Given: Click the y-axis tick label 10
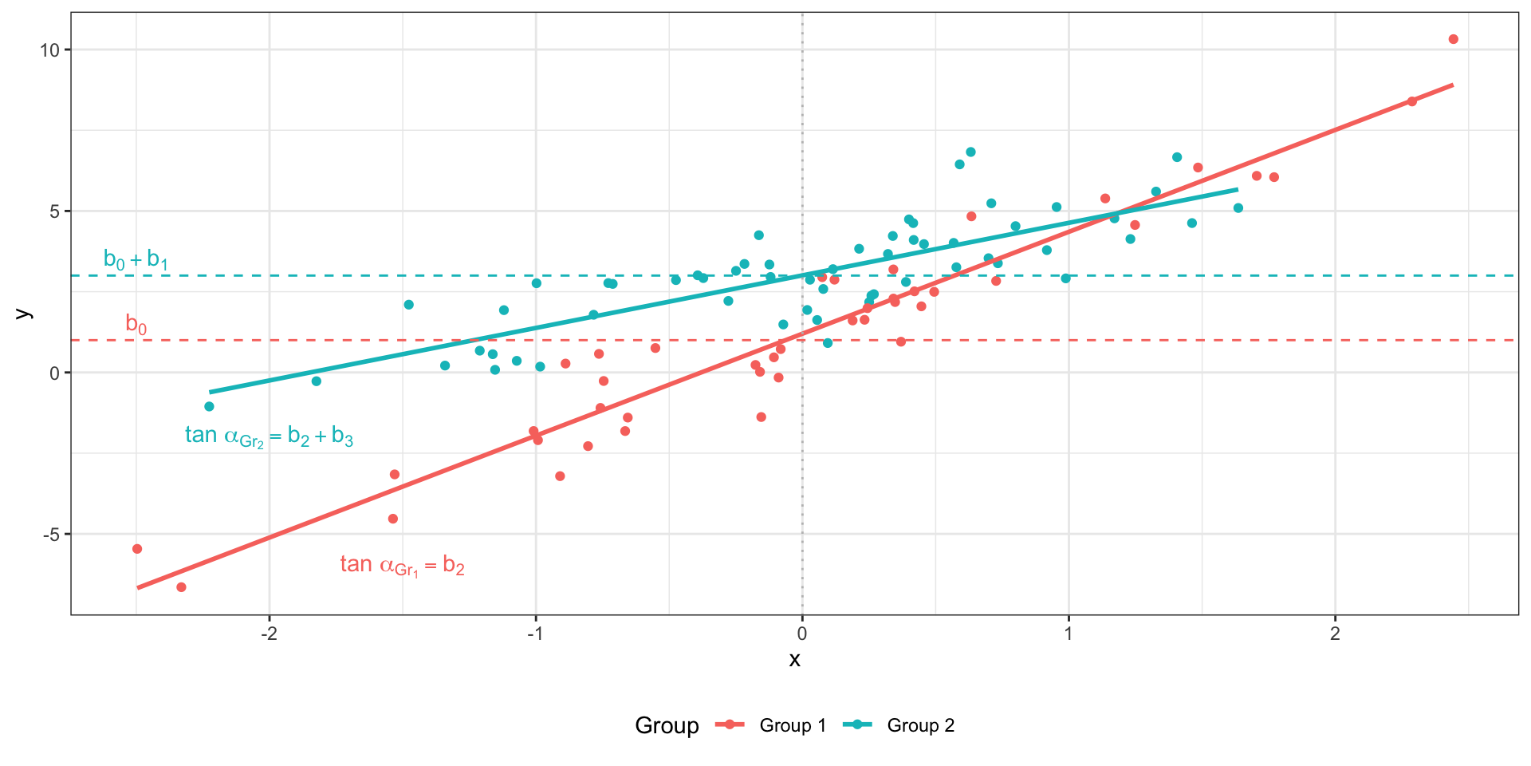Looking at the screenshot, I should [49, 50].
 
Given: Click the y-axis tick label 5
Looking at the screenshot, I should [54, 211].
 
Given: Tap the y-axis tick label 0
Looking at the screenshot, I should [54, 373].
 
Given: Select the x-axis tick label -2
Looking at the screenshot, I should [269, 634].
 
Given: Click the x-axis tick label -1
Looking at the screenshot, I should [535, 634].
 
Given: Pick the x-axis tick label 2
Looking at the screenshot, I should [1335, 634].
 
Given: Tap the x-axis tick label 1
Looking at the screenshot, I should [1069, 634].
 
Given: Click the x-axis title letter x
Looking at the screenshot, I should [794, 660].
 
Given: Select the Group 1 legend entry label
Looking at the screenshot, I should [793, 725].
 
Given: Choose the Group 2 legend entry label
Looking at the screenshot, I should [920, 725].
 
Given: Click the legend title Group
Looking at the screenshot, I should [667, 725].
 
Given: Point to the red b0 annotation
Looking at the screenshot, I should [136, 324].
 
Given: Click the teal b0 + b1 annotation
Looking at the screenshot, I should [136, 259].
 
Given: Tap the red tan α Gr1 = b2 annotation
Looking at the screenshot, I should [402, 565].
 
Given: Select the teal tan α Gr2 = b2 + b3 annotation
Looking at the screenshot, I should [269, 436].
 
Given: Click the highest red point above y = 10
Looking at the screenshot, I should [1453, 39].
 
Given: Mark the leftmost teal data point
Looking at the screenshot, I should [209, 406].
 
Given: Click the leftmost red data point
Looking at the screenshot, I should [137, 549].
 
